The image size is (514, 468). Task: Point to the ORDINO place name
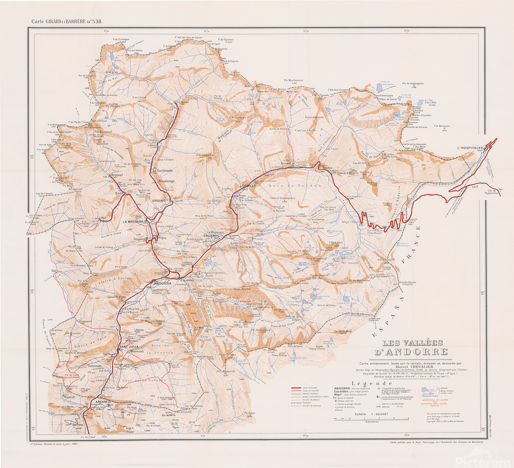[x=160, y=200]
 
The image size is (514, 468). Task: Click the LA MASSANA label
[x=132, y=221]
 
